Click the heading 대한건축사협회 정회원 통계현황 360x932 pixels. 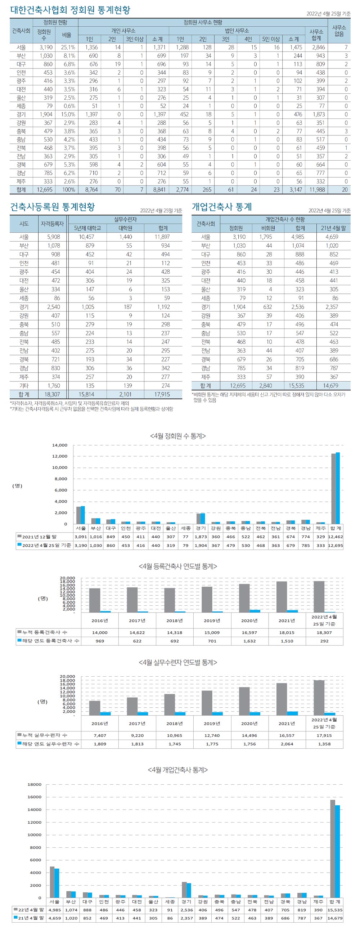point(70,10)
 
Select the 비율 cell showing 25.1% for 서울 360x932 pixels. point(68,48)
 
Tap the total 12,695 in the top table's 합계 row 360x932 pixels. point(45,189)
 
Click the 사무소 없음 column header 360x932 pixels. point(339,31)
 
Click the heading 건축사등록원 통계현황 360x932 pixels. point(53,207)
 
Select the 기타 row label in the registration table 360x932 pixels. point(24,386)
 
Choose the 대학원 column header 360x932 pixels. point(125,228)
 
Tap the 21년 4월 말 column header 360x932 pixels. point(333,228)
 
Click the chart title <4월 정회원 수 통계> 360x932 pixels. point(177,436)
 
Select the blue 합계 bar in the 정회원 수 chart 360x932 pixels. point(338,488)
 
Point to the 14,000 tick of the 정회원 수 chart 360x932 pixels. point(60,445)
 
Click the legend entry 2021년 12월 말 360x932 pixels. point(39,537)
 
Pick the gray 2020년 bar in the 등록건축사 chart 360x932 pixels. point(244,598)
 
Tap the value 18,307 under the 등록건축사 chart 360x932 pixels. point(324,632)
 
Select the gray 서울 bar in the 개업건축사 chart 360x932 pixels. point(52,882)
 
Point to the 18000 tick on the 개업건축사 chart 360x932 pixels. point(35,784)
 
